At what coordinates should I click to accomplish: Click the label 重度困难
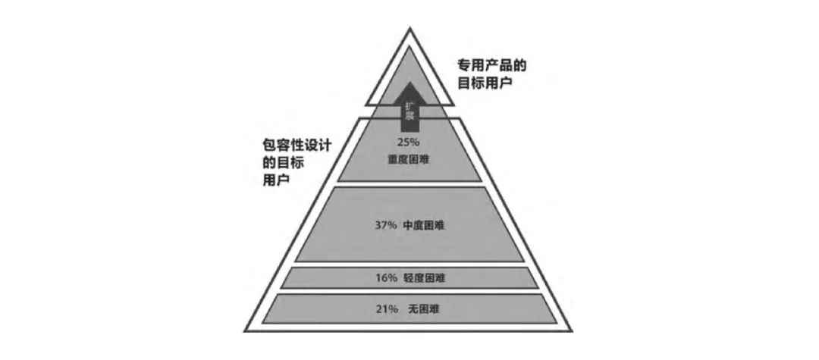409,158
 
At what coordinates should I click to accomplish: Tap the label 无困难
423,308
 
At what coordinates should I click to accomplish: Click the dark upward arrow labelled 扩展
409,106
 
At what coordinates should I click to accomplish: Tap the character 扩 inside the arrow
409,103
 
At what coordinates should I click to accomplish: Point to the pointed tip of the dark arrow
409,82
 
